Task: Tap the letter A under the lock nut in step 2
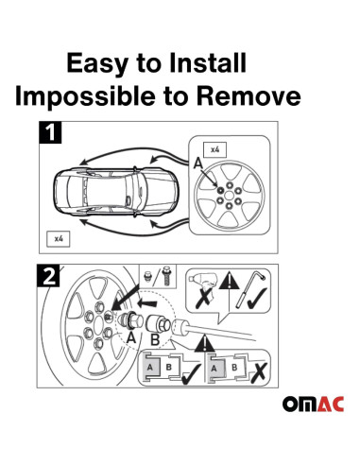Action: pos(132,336)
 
